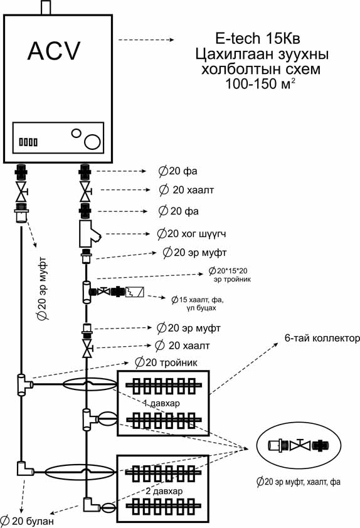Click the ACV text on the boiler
click(x=54, y=51)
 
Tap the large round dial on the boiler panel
click(x=92, y=142)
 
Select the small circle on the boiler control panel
click(x=76, y=133)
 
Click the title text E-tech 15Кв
click(x=258, y=38)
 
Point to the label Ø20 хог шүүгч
click(x=191, y=233)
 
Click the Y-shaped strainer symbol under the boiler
click(x=90, y=234)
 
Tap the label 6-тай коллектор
click(x=322, y=338)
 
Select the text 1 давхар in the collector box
click(x=161, y=403)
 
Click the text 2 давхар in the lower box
click(x=164, y=491)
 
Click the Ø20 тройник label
click(x=166, y=362)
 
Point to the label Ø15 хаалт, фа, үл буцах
click(x=198, y=303)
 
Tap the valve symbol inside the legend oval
click(x=300, y=445)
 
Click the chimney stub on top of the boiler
click(x=46, y=8)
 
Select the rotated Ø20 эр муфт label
click(x=43, y=288)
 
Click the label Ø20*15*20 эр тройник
click(x=230, y=275)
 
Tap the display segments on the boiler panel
click(x=28, y=142)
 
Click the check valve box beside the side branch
click(x=135, y=292)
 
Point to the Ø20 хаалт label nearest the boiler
click(x=186, y=190)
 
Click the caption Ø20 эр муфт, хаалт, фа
click(x=299, y=482)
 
